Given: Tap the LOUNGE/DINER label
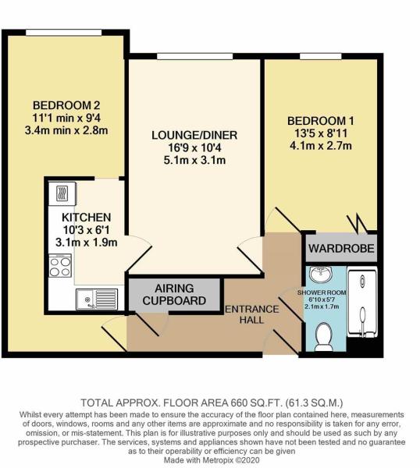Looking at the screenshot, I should click(x=194, y=135).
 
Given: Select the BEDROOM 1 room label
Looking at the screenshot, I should click(x=320, y=121).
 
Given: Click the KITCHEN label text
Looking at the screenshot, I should click(x=87, y=216).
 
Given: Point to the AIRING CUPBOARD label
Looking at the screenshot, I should click(x=175, y=293).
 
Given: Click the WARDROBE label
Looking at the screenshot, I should click(x=341, y=250).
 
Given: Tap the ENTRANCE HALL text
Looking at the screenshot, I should click(x=251, y=316).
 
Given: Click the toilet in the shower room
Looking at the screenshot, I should click(x=323, y=336).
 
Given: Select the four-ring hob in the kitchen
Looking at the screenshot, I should click(x=61, y=266).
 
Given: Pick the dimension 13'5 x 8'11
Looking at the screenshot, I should click(x=320, y=133).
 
